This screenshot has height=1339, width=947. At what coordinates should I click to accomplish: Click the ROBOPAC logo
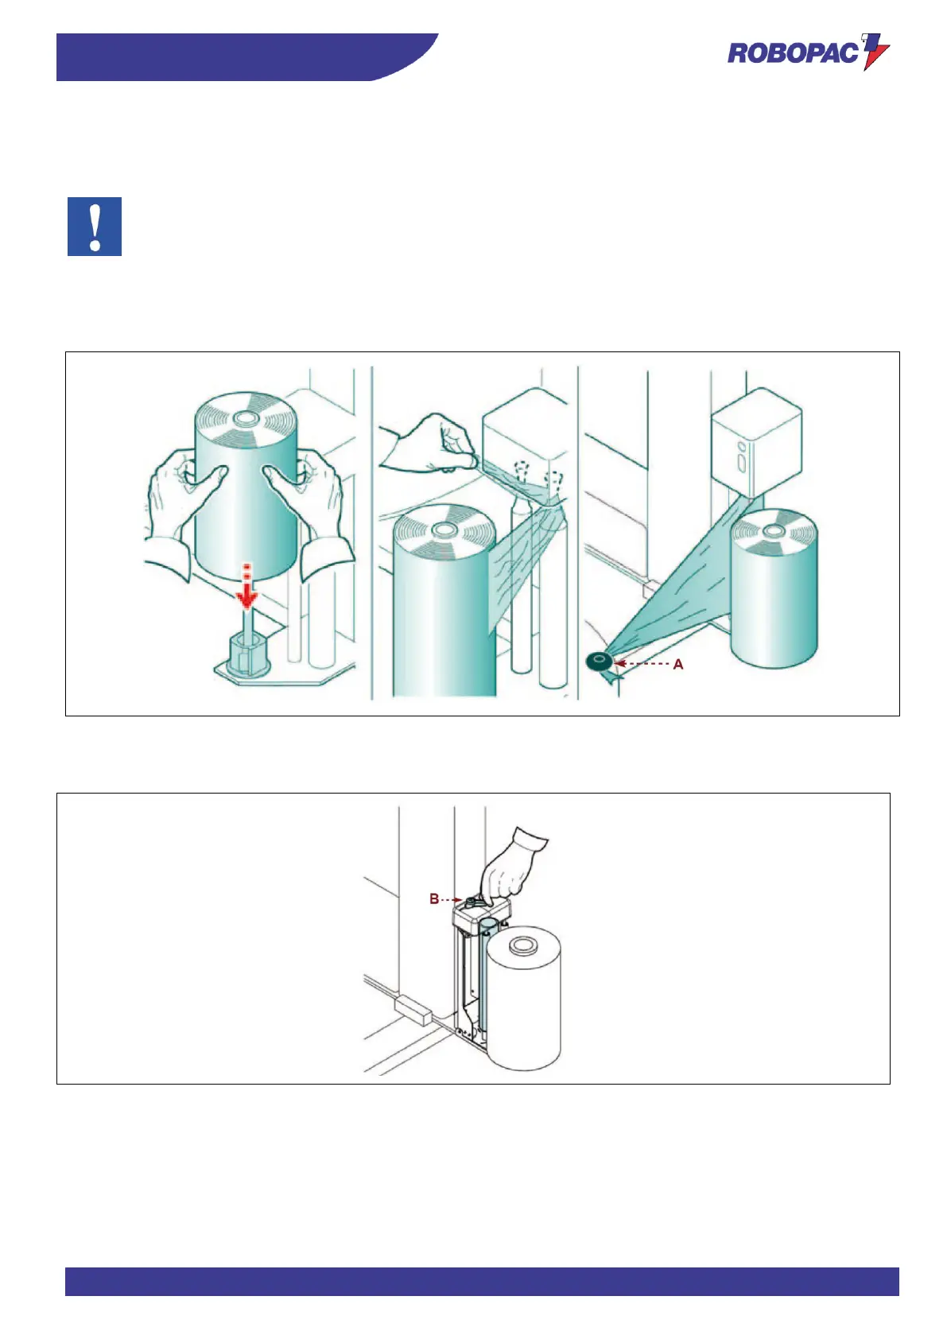[x=808, y=52]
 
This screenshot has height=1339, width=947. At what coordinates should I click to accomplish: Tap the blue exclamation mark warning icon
[x=95, y=227]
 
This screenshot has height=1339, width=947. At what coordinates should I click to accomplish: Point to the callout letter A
[x=677, y=664]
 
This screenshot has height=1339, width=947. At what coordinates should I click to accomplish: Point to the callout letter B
[x=434, y=898]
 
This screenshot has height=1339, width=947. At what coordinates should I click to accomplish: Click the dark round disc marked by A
[x=599, y=661]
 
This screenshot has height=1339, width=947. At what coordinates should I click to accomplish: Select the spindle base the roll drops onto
[x=247, y=656]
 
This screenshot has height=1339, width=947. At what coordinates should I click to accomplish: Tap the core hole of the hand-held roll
[x=245, y=417]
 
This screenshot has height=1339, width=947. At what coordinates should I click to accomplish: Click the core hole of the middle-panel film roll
[x=443, y=530]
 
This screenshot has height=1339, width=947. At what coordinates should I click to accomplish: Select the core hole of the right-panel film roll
[x=774, y=530]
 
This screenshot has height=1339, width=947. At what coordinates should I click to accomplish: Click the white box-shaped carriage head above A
[x=756, y=442]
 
